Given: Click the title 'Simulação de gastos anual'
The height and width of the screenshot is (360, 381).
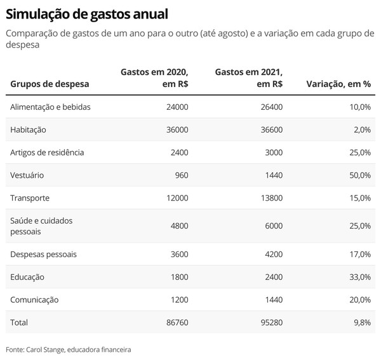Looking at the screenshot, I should coord(88,13).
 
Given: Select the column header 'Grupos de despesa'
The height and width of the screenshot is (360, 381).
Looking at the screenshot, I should coord(50,84).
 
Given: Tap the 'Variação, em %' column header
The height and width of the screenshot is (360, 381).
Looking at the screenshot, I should coord(338,84).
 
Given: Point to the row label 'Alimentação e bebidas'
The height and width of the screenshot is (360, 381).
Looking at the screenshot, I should coord(50,107).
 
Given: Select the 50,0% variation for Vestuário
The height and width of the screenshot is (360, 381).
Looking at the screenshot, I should coord(359,175).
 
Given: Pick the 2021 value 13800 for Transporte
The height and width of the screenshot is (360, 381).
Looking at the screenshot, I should coord(271,198).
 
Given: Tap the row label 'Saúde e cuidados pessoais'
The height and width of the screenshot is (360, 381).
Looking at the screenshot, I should coord(42,226).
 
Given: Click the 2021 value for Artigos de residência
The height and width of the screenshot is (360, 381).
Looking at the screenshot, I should coord(272,152).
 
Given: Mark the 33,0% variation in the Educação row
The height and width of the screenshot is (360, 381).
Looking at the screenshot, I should coord(359,277).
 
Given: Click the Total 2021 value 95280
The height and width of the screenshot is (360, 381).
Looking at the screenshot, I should coord(271,323).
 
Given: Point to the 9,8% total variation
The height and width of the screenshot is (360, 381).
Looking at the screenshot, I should coord(361,323).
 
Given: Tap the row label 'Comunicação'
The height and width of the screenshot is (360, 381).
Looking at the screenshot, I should coord(34,300).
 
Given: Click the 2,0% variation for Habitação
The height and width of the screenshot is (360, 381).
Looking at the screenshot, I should coord(361,130).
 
